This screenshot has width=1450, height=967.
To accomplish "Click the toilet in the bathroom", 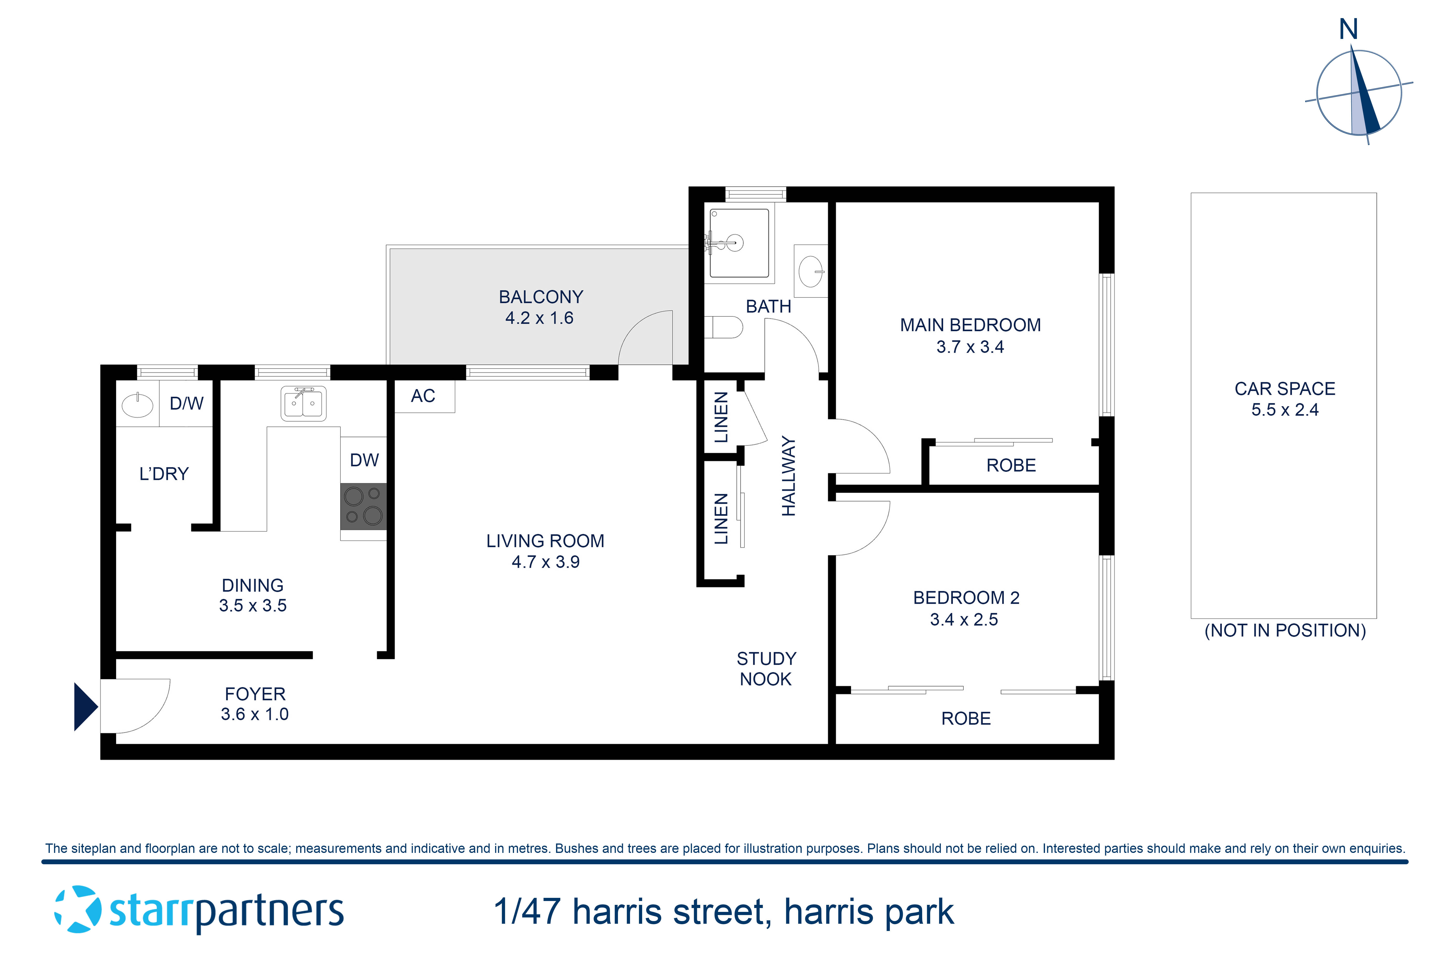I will (724, 327).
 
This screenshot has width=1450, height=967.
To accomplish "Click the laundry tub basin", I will (137, 405).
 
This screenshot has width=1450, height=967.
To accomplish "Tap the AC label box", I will (424, 396).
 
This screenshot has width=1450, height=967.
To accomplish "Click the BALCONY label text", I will (541, 297).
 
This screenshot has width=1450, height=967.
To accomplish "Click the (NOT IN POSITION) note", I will (1285, 630).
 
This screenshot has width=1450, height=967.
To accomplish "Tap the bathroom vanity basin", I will (810, 271).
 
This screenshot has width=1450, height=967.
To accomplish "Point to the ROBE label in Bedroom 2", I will (965, 718).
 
